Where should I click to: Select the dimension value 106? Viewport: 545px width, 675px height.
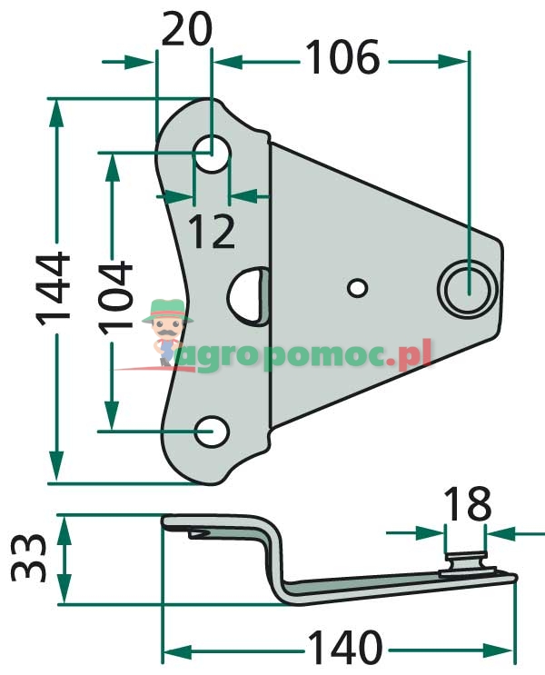point(341,60)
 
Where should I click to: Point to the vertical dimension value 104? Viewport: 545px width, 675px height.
point(114,300)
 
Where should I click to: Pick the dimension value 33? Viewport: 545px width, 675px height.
point(28,558)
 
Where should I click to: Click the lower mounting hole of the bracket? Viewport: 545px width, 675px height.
point(213,432)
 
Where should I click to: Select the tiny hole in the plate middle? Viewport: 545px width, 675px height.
point(358,287)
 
